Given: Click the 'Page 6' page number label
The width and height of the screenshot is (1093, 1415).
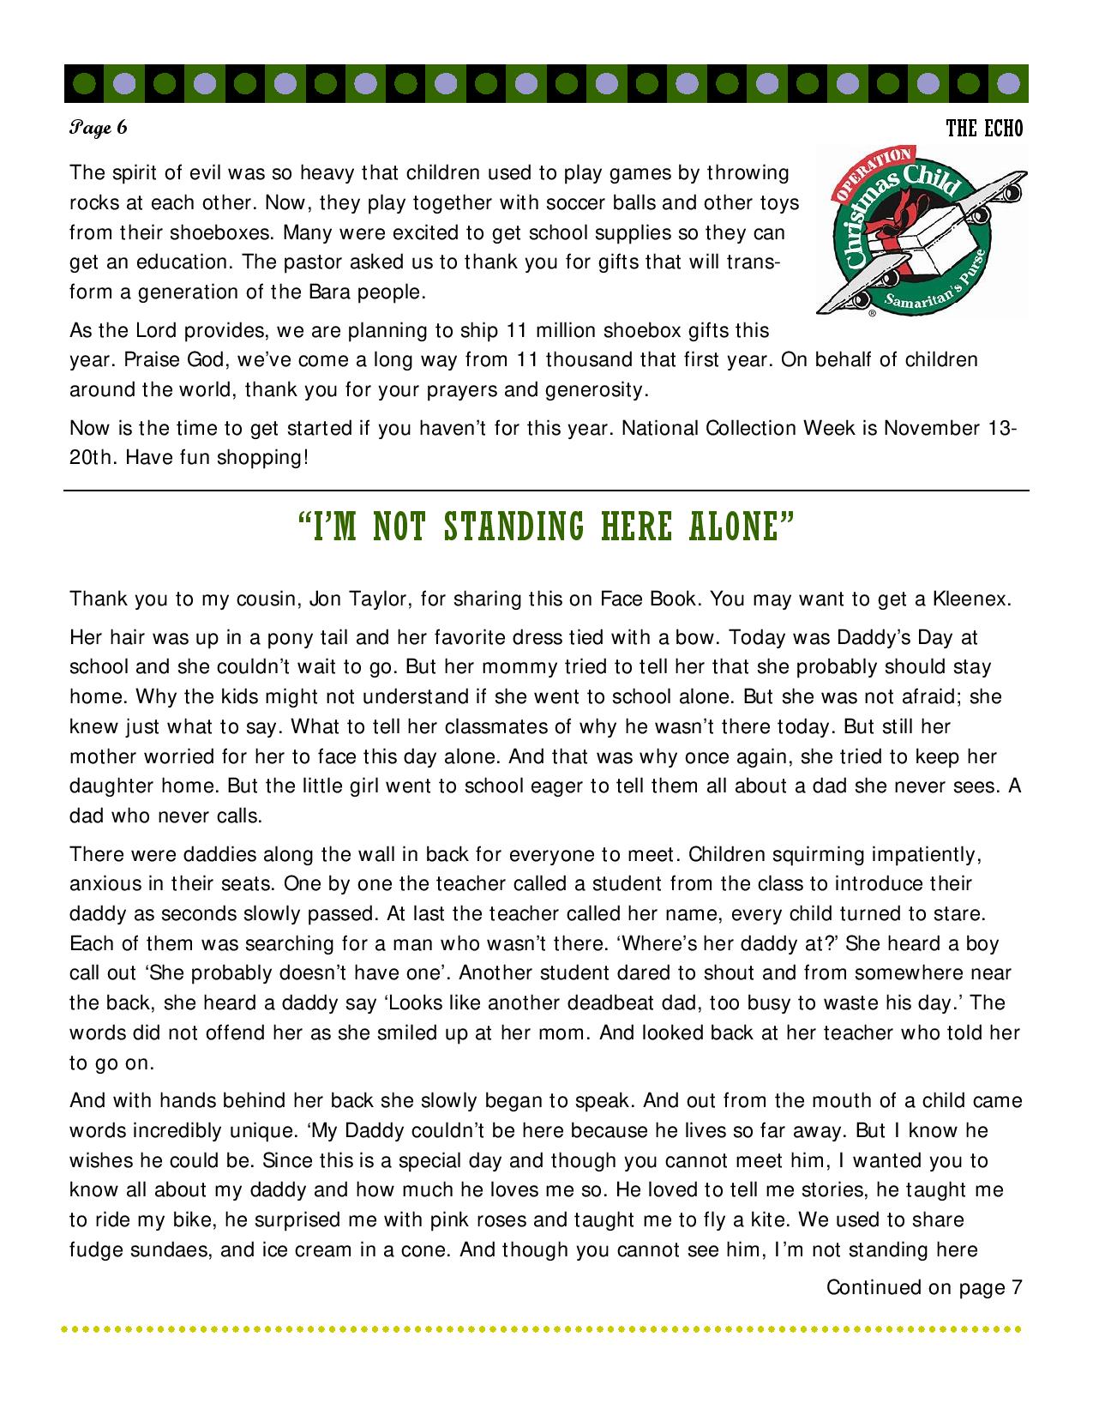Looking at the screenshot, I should coord(99,129).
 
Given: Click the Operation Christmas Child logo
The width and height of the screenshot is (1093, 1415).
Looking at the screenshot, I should coord(921,231).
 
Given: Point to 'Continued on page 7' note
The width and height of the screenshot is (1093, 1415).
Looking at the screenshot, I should coord(924,1287).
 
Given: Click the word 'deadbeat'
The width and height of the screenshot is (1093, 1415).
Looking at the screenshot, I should coord(663,1003).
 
